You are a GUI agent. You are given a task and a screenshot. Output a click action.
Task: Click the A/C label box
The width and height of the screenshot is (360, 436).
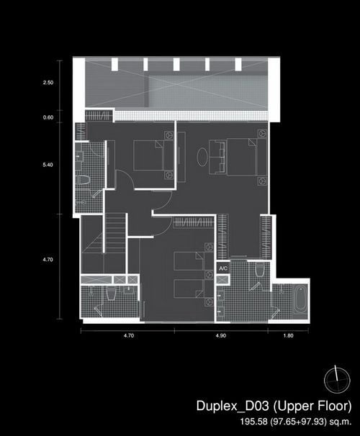pos(223,268)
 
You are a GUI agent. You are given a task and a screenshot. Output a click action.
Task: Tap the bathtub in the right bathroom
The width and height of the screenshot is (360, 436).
pos(300,300)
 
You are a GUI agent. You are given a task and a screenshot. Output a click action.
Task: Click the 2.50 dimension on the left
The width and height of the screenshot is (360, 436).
pos(48,83)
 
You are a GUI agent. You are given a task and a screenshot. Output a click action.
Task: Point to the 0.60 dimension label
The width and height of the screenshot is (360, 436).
pos(48,117)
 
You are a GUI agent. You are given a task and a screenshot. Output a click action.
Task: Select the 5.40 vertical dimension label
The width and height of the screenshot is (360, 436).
pos(48,165)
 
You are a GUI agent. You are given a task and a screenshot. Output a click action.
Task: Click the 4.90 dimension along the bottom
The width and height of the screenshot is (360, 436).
pos(220,335)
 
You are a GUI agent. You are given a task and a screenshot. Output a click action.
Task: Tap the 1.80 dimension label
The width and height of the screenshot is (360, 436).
pos(288,335)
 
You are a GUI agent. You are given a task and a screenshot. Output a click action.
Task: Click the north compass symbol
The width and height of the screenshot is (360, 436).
pos(337,380)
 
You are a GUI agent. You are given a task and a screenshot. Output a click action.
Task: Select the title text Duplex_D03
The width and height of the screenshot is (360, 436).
pos(233,406)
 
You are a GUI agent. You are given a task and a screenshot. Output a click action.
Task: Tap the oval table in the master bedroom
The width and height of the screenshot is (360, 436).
pos(202,157)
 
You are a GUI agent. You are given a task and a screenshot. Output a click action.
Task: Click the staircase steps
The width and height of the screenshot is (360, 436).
pos(115,233)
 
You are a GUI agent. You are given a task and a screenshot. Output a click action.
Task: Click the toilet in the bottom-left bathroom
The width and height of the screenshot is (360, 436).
pos(111,294)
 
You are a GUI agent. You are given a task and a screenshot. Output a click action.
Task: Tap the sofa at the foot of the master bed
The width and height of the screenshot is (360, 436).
pos(217,157)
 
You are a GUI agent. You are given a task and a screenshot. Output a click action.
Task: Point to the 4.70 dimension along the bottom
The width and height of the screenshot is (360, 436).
pos(129,335)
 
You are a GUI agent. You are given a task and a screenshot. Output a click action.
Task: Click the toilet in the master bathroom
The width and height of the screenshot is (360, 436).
pos(259,270)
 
